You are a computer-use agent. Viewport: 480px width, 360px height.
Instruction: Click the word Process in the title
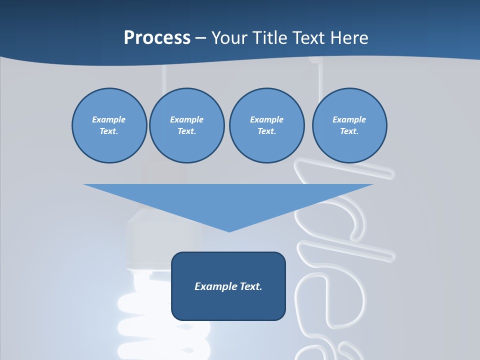tap(157, 37)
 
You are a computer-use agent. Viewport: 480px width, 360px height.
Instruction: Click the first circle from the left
tap(109, 125)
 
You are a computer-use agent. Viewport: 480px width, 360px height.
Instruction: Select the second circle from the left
tap(187, 125)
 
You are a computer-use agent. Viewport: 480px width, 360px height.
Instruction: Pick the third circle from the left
tap(266, 125)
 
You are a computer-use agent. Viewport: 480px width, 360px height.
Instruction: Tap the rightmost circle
tap(349, 125)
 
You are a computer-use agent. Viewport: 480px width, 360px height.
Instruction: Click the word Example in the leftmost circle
tap(109, 119)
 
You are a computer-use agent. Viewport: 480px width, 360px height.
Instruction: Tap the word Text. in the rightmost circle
tap(349, 131)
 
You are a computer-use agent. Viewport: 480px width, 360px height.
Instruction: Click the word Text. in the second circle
tap(187, 131)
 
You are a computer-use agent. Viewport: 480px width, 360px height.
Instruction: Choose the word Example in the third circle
tap(266, 119)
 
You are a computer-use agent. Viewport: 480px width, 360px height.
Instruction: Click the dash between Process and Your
tap(200, 38)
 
